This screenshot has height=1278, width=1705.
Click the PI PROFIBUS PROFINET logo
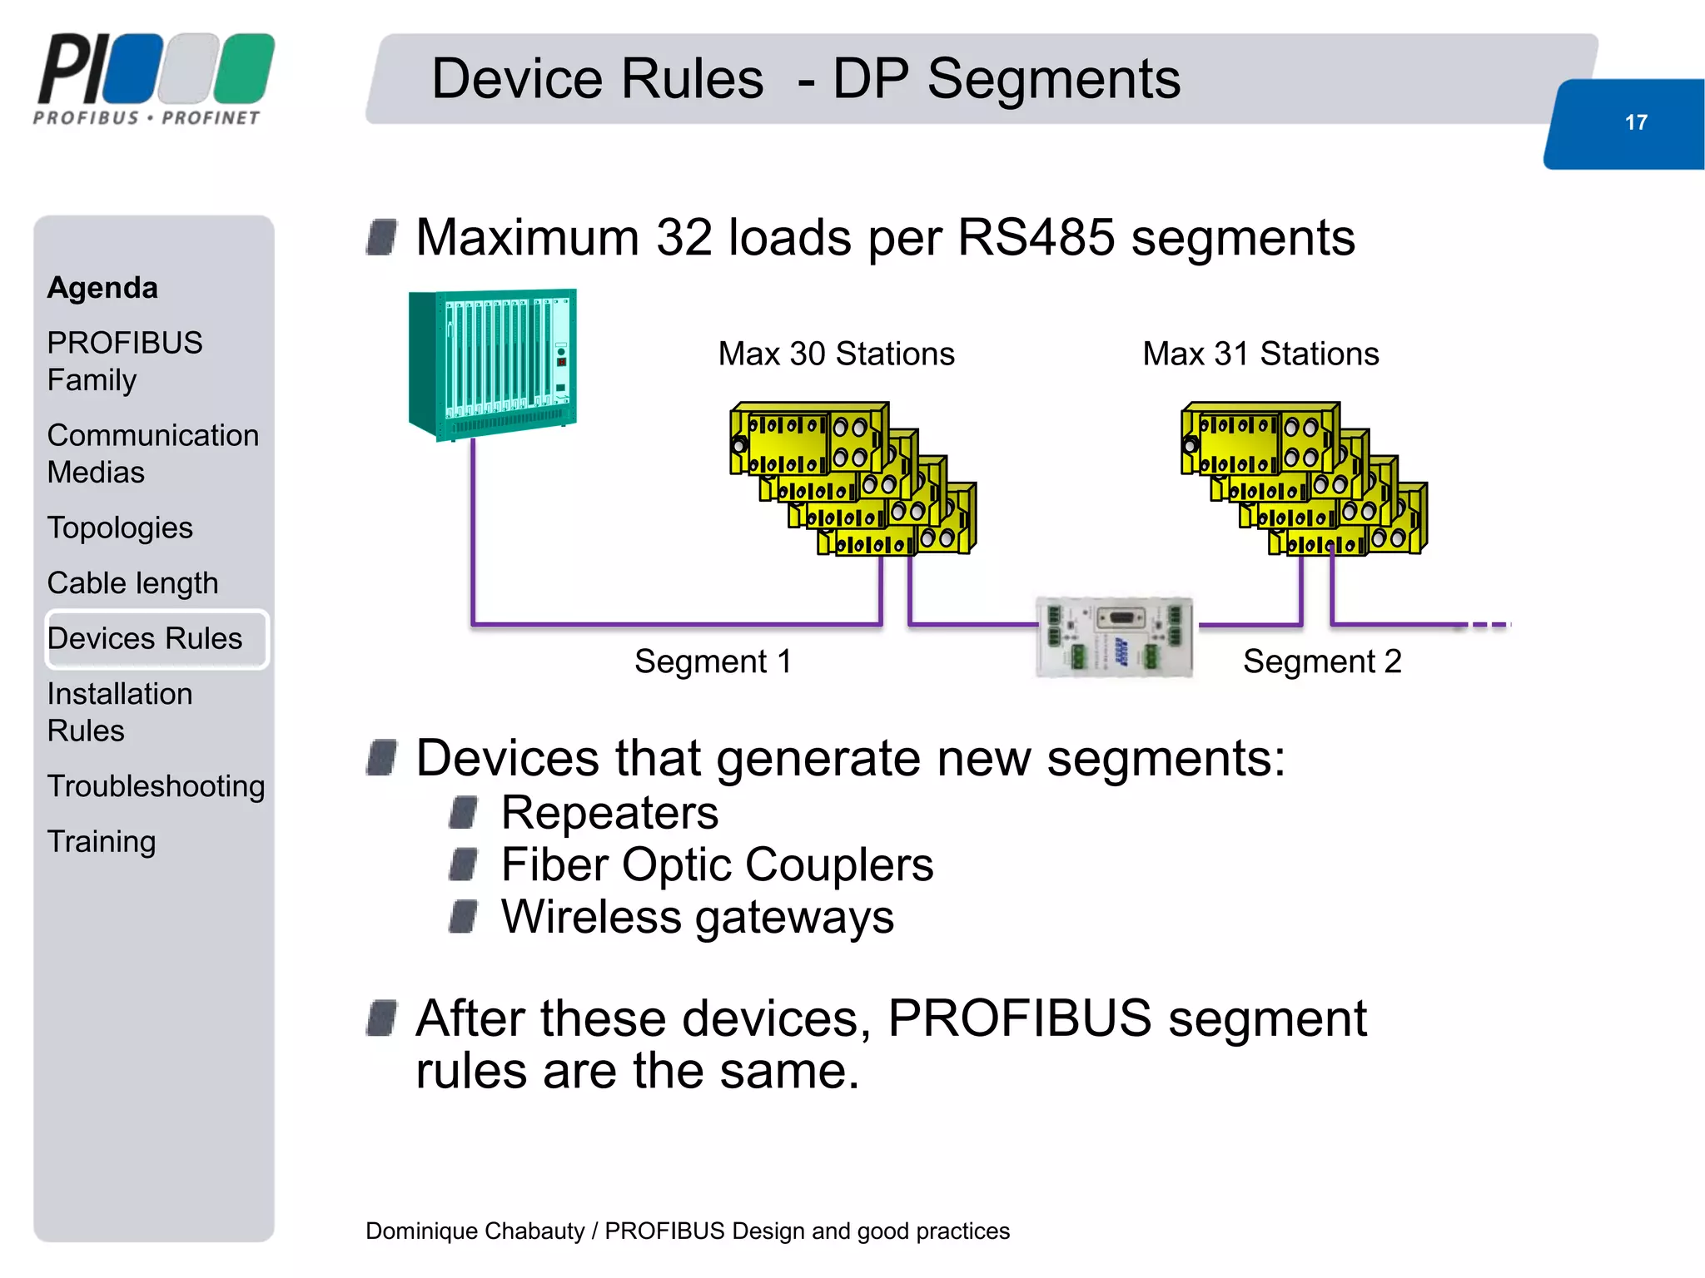(154, 79)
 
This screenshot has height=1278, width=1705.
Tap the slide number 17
(1636, 123)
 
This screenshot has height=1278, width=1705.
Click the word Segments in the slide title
(1053, 79)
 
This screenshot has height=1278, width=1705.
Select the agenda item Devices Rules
(145, 639)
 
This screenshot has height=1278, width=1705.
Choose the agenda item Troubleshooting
(156, 786)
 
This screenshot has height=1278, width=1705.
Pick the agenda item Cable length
(132, 583)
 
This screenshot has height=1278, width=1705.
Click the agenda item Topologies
(120, 528)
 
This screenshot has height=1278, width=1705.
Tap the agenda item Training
(101, 842)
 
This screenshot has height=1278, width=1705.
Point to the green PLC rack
(493, 364)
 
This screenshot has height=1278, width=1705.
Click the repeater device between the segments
(1114, 637)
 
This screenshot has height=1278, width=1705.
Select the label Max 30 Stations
(836, 354)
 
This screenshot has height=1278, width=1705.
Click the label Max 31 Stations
(1260, 354)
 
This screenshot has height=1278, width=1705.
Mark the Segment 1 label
(713, 662)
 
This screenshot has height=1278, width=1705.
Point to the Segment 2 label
(1322, 662)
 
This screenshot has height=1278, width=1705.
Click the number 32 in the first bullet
(684, 238)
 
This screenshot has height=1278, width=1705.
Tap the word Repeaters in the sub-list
(609, 813)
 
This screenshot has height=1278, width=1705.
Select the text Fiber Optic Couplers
(717, 865)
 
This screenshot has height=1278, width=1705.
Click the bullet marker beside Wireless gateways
(463, 918)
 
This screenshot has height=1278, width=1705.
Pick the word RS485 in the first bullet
(1036, 238)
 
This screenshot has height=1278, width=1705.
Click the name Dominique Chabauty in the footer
(475, 1231)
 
